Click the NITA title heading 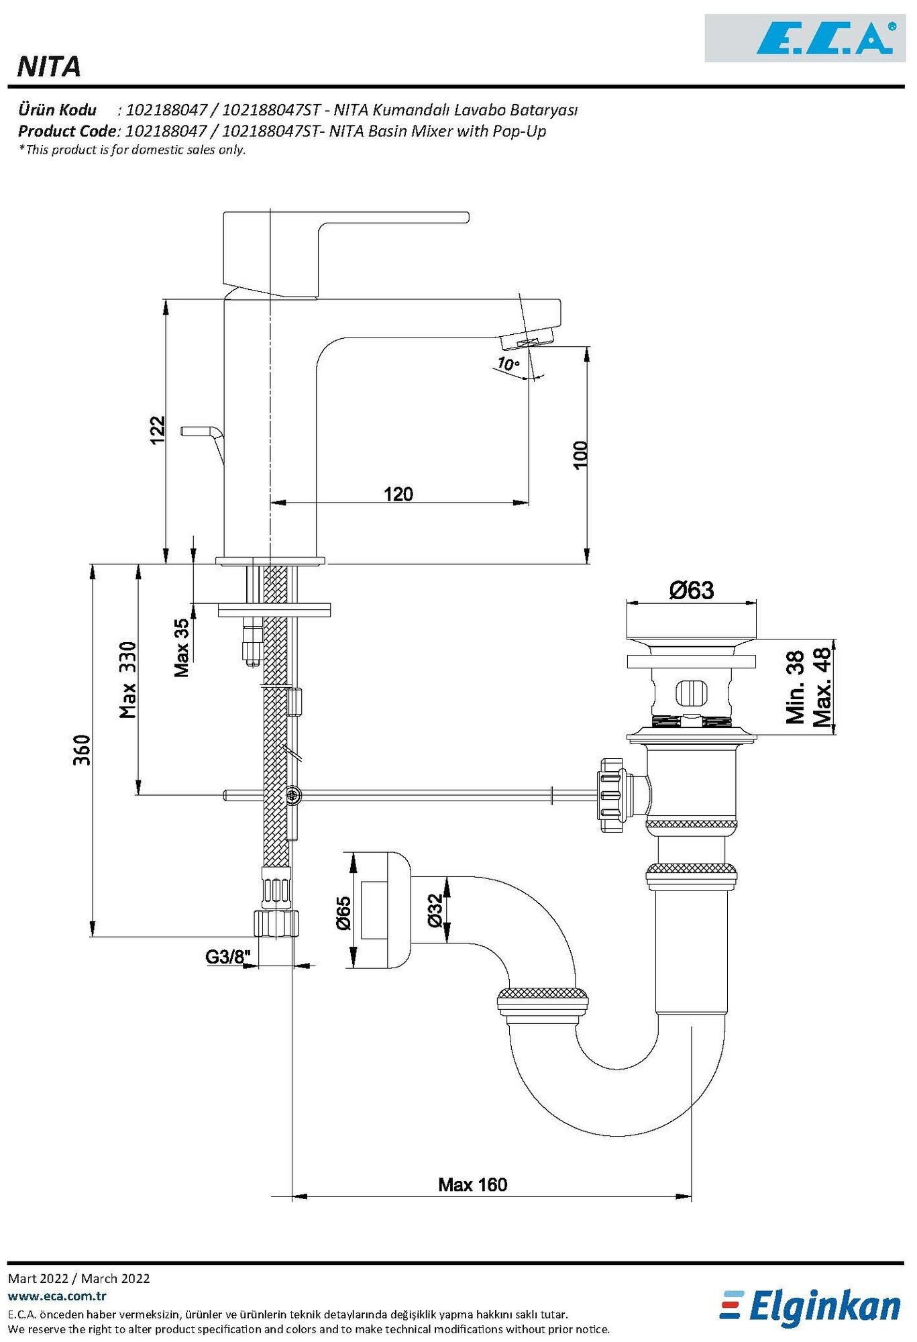[49, 67]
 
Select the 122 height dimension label [157, 430]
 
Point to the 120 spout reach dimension [398, 495]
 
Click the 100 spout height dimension [580, 455]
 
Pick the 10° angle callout [508, 364]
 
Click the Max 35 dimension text [182, 648]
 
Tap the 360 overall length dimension [82, 750]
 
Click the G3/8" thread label [227, 957]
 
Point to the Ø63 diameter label [691, 590]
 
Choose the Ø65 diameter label [343, 913]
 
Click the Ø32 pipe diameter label [435, 911]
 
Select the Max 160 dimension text [473, 1184]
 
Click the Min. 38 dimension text [796, 687]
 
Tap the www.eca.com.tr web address [57, 1296]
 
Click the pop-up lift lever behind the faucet [201, 433]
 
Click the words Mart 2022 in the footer [38, 1278]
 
